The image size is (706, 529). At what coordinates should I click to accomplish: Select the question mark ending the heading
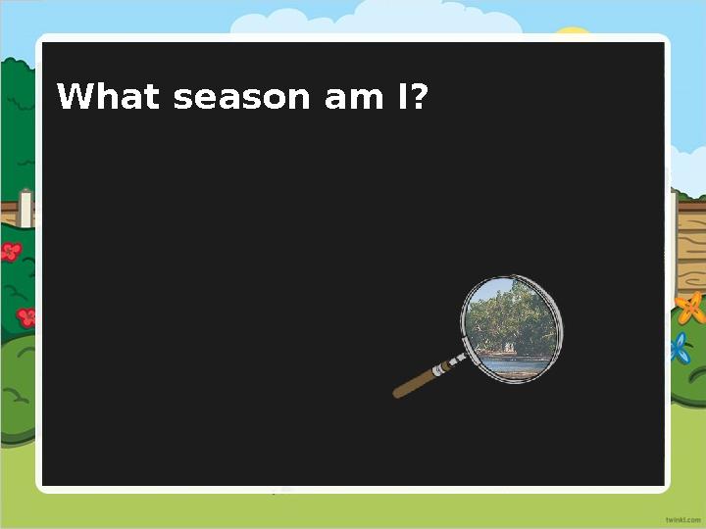click(x=421, y=97)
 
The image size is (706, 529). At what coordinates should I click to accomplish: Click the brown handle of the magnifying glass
click(x=416, y=381)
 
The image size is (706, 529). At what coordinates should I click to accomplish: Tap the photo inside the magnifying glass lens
click(x=511, y=328)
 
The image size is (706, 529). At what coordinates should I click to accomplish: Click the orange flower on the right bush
click(x=691, y=308)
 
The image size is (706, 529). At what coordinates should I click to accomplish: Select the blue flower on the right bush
click(x=680, y=347)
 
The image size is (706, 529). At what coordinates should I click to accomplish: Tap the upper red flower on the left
click(x=11, y=252)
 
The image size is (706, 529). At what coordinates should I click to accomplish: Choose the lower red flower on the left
click(x=26, y=316)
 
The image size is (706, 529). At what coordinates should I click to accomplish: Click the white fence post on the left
click(x=25, y=209)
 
